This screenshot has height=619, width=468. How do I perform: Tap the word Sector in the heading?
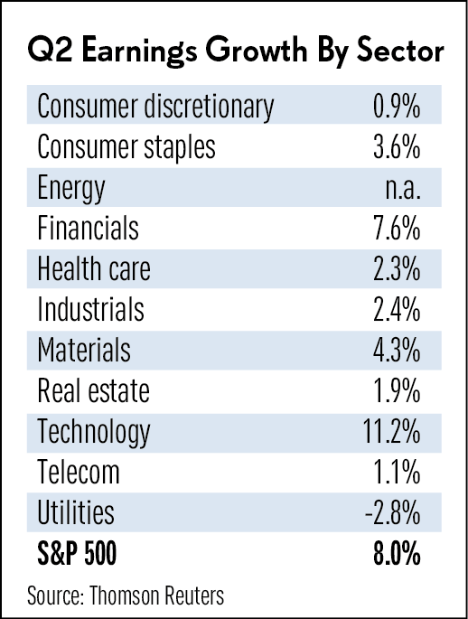coord(400,52)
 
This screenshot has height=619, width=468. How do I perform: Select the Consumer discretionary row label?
coord(155,107)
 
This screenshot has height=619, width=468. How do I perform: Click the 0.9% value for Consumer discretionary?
coord(397,106)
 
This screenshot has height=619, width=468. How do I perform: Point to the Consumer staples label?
coord(126,147)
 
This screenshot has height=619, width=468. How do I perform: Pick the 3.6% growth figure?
coord(397,147)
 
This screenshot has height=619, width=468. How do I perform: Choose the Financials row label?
coord(88,229)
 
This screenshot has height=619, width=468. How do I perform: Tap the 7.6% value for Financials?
coord(397,229)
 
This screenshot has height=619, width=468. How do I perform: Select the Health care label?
coord(94,269)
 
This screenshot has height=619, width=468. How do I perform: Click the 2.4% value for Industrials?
coord(397,310)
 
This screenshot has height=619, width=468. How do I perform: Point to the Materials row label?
coord(84,350)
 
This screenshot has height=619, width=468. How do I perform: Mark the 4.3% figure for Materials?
coord(397,351)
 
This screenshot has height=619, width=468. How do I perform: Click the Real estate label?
coord(94,390)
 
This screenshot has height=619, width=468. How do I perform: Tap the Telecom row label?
coord(78,472)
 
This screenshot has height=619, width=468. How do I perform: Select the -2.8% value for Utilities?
coord(393,513)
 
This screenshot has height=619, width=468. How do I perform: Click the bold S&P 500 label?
coord(77,553)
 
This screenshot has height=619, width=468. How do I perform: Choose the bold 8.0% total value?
coord(397,554)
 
